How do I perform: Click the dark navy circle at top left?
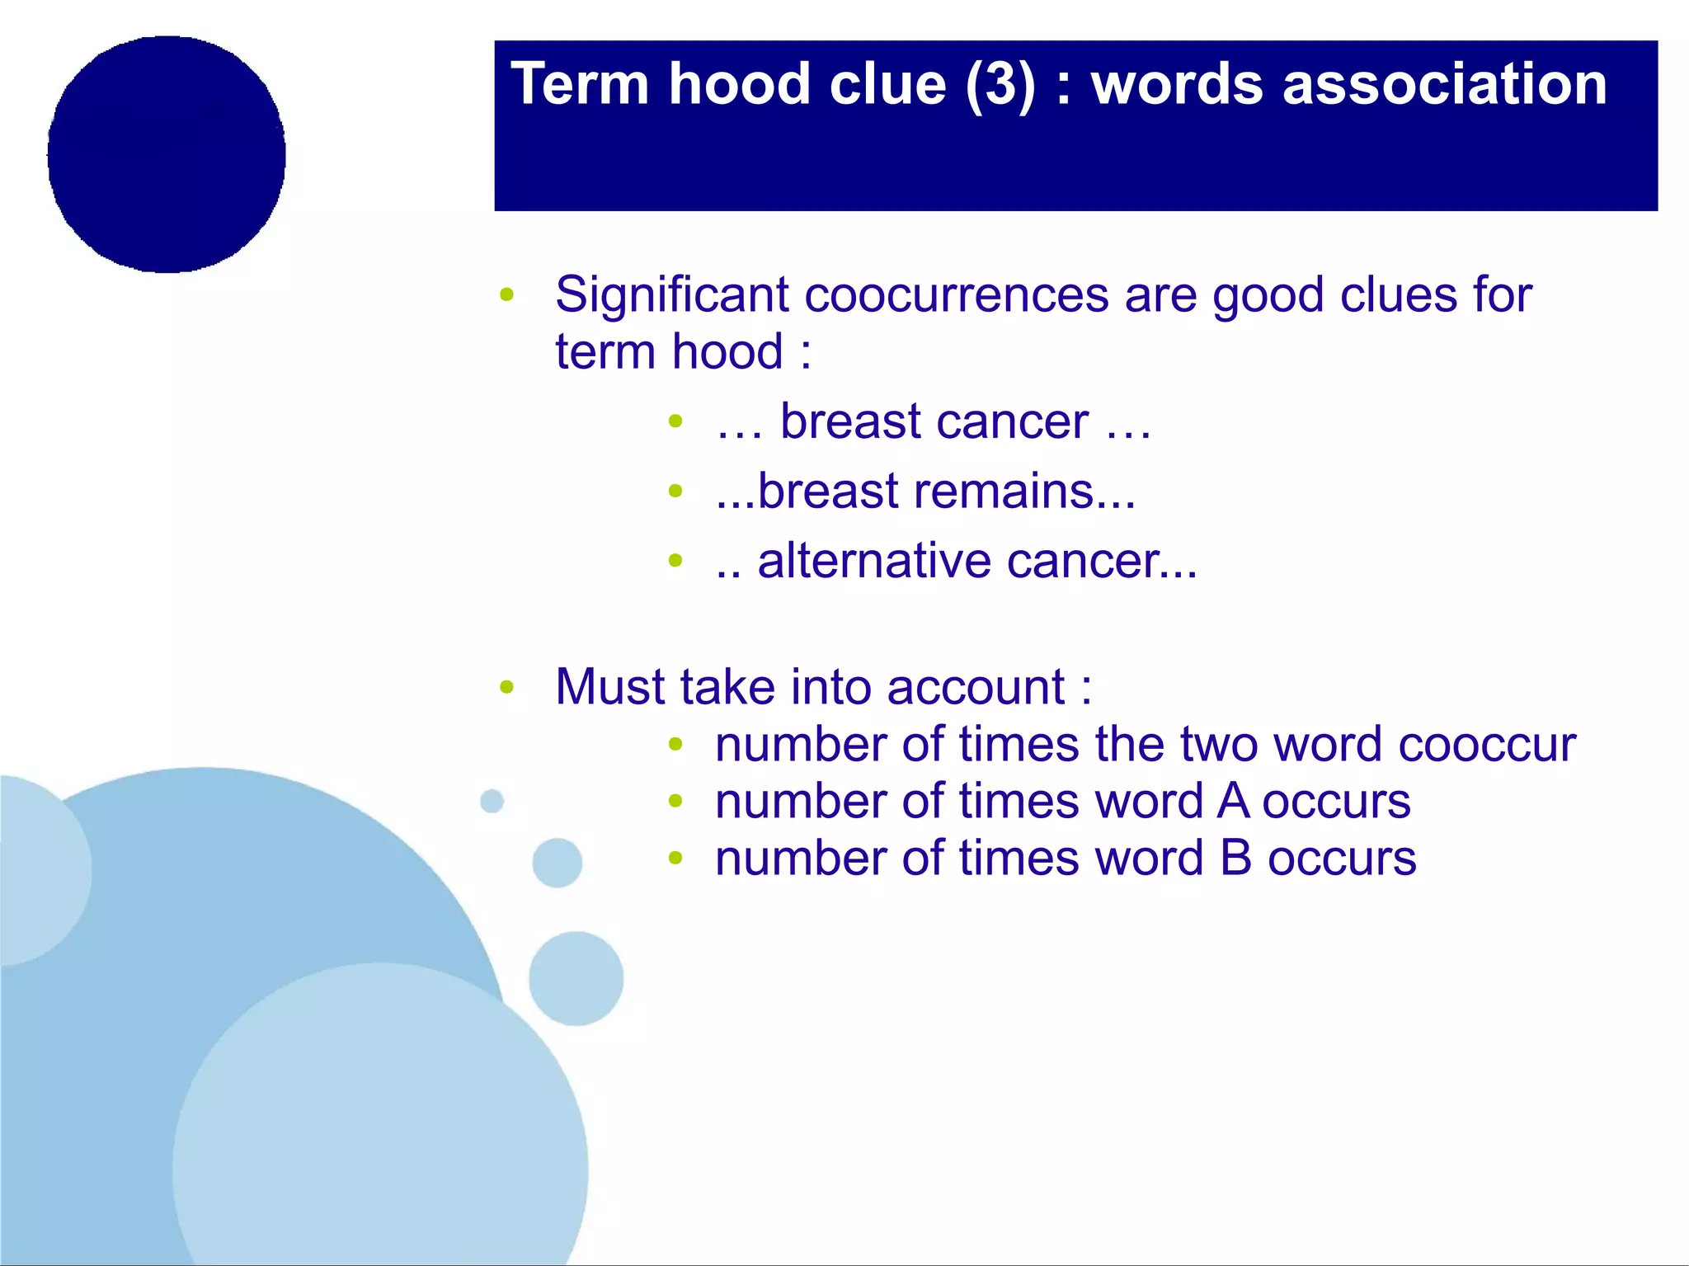[167, 154]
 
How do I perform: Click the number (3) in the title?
[1000, 85]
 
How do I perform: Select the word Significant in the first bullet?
[671, 295]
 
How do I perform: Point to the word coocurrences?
[957, 295]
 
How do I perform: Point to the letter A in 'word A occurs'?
[1232, 802]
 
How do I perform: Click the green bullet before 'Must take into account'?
[507, 687]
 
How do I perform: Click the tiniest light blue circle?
[492, 801]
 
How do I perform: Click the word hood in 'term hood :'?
[727, 353]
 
